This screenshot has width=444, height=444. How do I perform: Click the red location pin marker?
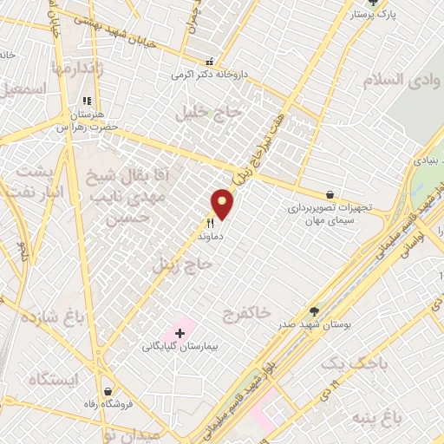(x=223, y=204)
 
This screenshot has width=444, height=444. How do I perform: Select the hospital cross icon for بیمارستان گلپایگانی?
(x=180, y=332)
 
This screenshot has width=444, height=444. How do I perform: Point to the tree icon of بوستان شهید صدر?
(x=315, y=310)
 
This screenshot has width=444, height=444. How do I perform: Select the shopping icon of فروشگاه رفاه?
(x=107, y=391)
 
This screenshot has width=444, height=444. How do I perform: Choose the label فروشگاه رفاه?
(x=107, y=405)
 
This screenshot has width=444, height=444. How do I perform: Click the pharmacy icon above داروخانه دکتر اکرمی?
(x=209, y=62)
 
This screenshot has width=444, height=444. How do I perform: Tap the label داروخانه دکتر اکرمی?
(x=209, y=75)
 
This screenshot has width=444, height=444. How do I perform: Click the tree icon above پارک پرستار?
(x=373, y=3)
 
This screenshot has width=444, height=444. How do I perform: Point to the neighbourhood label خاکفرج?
(x=246, y=310)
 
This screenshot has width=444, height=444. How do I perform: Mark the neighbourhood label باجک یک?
(x=347, y=362)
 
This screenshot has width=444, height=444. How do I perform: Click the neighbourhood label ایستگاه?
(x=52, y=379)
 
